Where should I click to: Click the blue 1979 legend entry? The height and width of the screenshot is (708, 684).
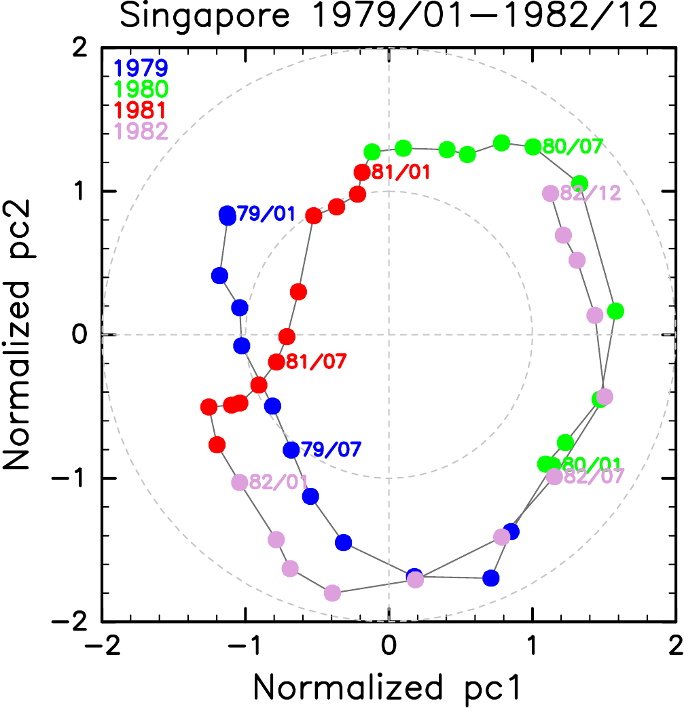141,68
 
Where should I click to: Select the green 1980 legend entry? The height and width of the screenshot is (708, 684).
141,88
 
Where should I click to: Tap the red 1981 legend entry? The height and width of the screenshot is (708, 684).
141,109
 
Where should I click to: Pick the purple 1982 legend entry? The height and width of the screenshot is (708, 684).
141,130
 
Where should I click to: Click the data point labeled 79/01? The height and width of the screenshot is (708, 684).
228,215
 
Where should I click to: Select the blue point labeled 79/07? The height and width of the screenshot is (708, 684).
291,450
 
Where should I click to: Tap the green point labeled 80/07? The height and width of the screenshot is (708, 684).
533,147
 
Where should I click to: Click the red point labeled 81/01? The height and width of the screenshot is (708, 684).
362,173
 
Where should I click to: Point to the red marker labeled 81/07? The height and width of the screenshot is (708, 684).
276,362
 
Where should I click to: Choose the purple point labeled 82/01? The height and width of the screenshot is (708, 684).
240,482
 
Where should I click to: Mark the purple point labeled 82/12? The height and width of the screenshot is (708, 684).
550,194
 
